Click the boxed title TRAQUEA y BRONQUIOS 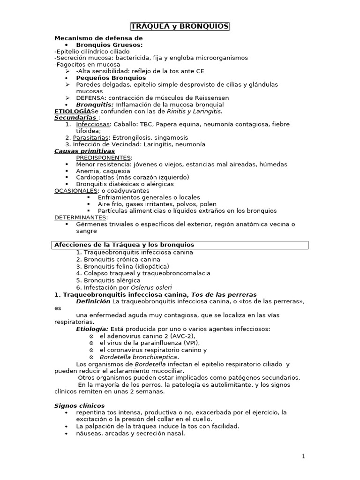coord(180,27)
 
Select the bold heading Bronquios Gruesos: coord(109,45)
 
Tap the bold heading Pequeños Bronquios coord(111,77)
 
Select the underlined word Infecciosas coord(93,124)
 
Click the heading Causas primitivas coord(84,151)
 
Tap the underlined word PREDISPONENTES coord(104,157)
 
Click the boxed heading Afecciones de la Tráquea coord(124,245)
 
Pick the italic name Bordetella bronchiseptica coord(139,357)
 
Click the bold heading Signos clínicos coord(80,405)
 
